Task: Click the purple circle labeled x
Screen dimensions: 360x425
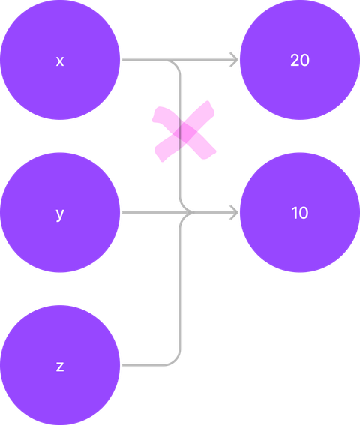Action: coord(60,60)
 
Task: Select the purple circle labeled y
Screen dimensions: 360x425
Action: coord(60,212)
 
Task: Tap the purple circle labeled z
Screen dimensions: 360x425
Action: coord(60,365)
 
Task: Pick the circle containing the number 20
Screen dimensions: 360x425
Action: coord(300,60)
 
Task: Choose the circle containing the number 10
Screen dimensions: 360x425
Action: coord(300,212)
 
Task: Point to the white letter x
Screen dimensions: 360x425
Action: coord(60,61)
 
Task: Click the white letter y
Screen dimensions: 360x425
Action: coord(60,214)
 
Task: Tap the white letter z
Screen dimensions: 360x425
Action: coord(60,367)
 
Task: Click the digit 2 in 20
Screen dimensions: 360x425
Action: coord(295,60)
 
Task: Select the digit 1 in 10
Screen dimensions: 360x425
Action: coord(294,213)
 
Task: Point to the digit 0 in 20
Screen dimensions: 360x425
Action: coord(304,60)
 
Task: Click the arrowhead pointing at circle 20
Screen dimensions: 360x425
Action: coord(234,60)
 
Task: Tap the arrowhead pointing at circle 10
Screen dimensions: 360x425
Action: coord(234,212)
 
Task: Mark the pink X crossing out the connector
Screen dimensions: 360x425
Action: coord(184,131)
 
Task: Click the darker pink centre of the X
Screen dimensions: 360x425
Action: coord(184,132)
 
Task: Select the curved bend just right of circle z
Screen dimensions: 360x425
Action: coord(175,360)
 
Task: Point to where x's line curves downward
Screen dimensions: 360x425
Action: coord(175,64)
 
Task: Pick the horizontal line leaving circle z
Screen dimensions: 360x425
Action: coord(143,365)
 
